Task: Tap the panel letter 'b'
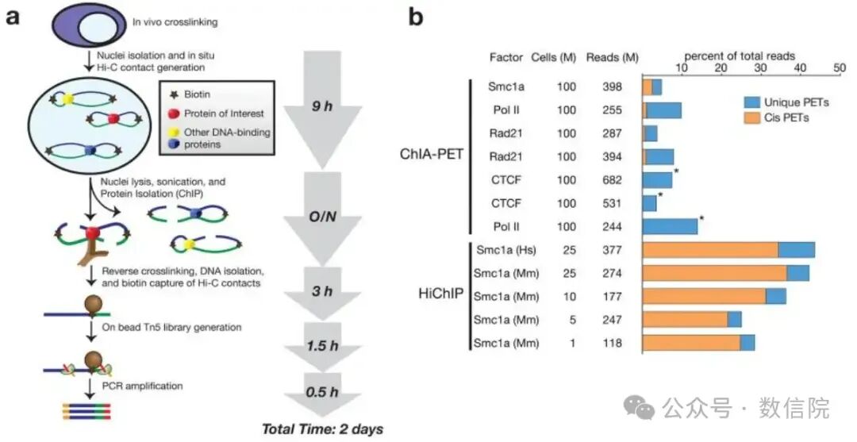point(417,17)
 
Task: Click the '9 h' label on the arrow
point(322,106)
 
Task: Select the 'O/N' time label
point(322,217)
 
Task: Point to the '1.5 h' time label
point(322,345)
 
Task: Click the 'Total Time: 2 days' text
point(323,429)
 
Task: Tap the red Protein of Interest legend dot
point(175,113)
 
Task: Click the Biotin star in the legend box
point(175,94)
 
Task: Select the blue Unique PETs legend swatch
point(751,102)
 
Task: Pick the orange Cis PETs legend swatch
point(751,117)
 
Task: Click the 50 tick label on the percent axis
point(839,67)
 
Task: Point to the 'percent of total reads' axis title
point(740,56)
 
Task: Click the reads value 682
point(612,180)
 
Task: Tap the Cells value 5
point(572,320)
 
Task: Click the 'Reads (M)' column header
point(612,57)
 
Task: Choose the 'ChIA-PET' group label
point(432,154)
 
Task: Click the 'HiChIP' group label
point(440,294)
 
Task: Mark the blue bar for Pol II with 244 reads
point(670,227)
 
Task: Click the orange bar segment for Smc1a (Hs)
point(711,250)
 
